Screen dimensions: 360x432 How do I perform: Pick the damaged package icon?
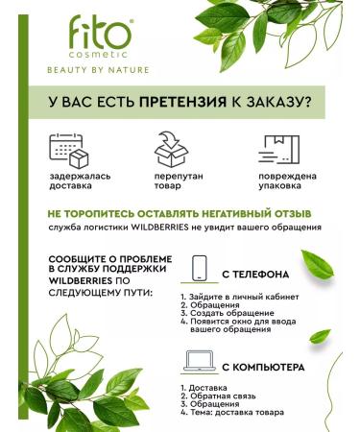click(279, 151)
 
